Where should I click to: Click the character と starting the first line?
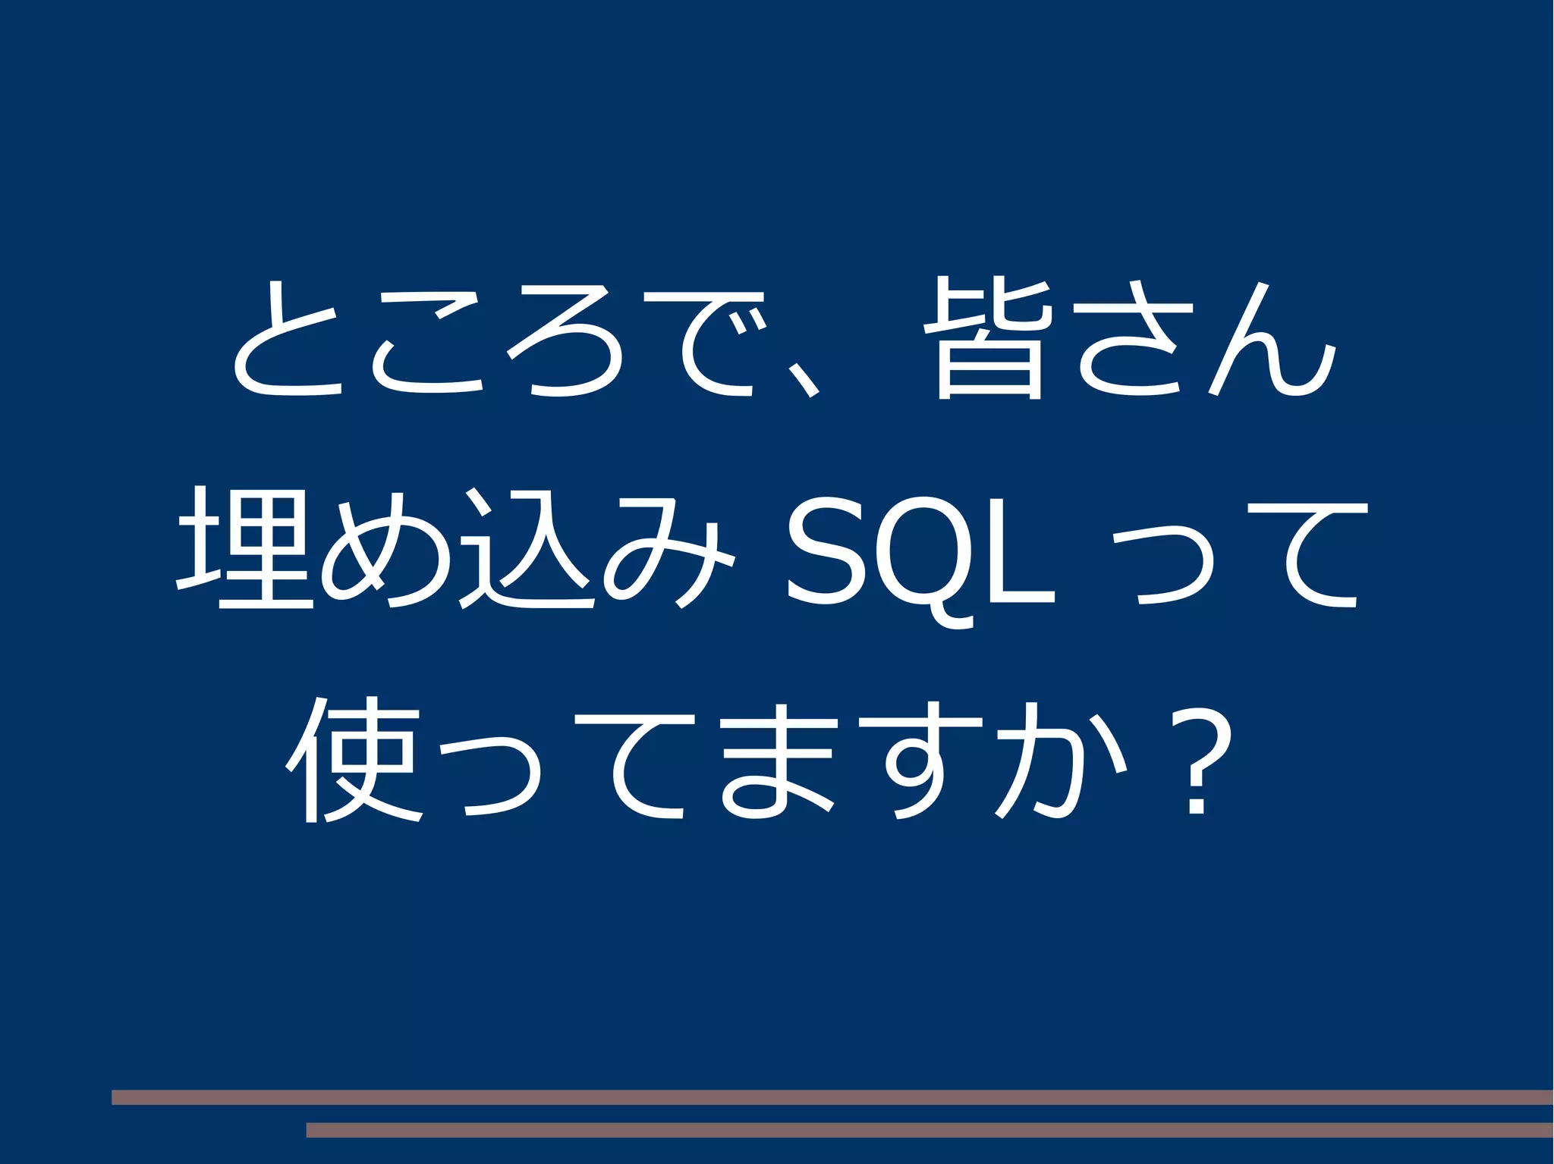(287, 340)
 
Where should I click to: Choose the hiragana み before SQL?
(668, 551)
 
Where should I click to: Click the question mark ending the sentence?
(1197, 766)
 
